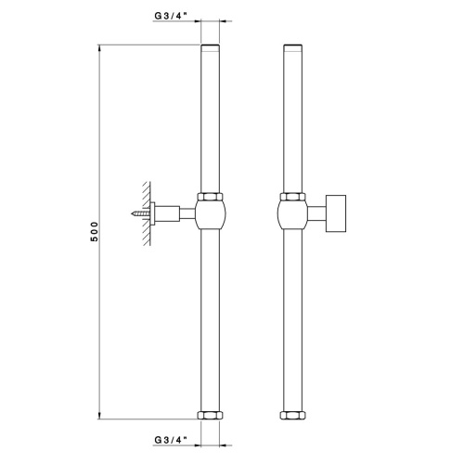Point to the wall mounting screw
click(x=142, y=213)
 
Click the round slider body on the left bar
click(x=211, y=216)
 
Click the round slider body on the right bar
click(x=292, y=216)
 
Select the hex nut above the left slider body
click(x=211, y=197)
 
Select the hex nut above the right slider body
click(x=292, y=197)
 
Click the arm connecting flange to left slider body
click(x=185, y=214)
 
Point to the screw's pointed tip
click(x=133, y=213)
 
